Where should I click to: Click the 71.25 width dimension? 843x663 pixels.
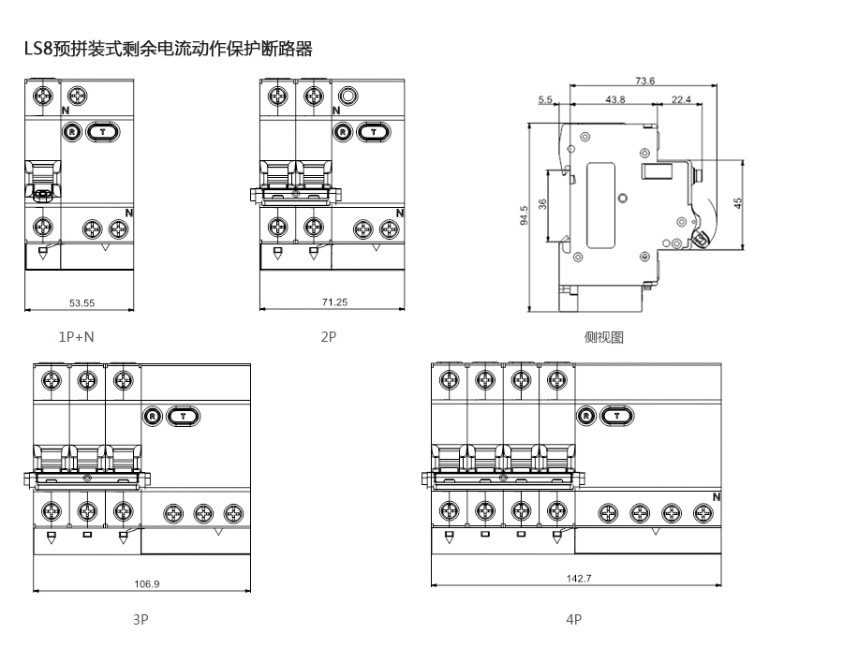coord(334,302)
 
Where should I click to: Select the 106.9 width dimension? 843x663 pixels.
coord(147,583)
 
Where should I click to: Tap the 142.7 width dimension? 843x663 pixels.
coord(579,578)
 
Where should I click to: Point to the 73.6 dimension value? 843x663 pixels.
coord(644,81)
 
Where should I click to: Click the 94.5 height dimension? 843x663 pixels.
coord(525,216)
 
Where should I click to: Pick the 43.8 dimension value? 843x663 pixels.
coord(615,99)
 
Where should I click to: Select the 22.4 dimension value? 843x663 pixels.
coord(681,99)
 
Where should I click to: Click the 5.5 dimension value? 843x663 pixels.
coord(546,99)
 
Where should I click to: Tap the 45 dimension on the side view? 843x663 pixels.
coord(738,203)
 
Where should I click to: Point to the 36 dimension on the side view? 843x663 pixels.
coord(542,205)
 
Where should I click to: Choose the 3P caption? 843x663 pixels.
coord(140,619)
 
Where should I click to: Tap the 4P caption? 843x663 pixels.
coord(574,619)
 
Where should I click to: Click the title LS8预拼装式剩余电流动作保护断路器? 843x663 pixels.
coord(169,50)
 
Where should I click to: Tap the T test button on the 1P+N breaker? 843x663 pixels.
coord(102,132)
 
